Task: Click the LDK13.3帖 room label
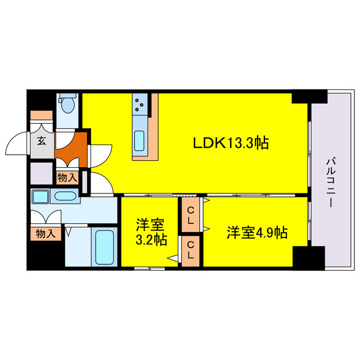point(231,143)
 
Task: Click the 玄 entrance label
point(42,141)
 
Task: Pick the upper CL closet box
point(191,216)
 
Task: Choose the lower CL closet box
point(191,250)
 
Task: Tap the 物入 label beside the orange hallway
point(67,178)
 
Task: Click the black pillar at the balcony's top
point(309,96)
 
